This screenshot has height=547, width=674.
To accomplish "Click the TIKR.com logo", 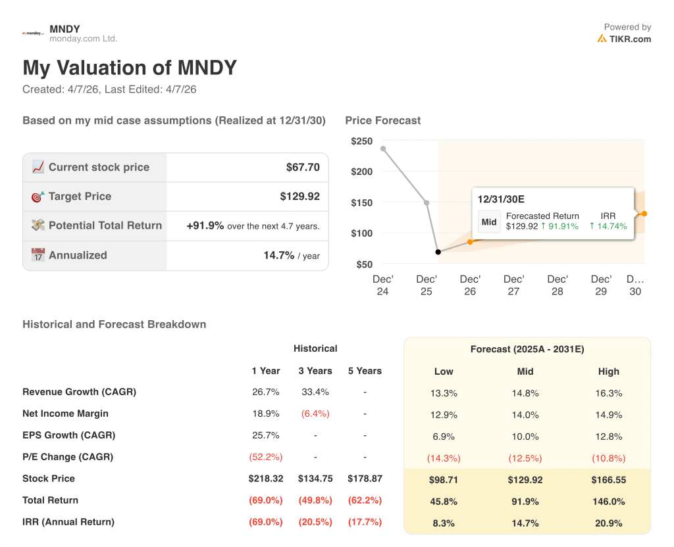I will (x=624, y=39).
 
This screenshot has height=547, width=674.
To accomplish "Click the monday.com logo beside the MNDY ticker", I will (x=33, y=33).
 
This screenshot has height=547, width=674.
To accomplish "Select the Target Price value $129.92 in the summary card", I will (x=299, y=197).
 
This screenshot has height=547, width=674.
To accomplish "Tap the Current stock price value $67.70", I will (x=303, y=168).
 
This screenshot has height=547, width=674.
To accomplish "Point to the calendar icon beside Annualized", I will (x=38, y=255).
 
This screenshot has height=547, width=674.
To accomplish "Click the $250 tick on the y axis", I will (x=361, y=141).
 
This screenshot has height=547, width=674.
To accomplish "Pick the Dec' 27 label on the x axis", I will (x=513, y=285).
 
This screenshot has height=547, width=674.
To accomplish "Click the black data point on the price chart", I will (x=438, y=252).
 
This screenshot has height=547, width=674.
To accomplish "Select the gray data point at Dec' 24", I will (x=383, y=149).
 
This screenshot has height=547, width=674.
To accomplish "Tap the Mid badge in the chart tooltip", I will (x=489, y=222).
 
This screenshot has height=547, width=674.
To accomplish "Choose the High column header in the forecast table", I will (x=608, y=371).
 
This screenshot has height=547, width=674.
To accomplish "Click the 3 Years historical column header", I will (x=315, y=371).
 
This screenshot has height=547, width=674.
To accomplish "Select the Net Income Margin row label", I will (x=65, y=414).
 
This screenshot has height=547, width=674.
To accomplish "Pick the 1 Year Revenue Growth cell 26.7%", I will (x=265, y=392).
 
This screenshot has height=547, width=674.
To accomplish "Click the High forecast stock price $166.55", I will (x=608, y=480).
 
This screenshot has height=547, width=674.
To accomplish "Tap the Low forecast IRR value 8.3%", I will (x=444, y=523).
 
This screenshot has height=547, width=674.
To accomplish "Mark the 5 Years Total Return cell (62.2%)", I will (x=365, y=500).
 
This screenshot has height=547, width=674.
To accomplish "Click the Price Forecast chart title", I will (x=382, y=120).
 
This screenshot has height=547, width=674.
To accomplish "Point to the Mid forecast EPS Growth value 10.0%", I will (x=525, y=437).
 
